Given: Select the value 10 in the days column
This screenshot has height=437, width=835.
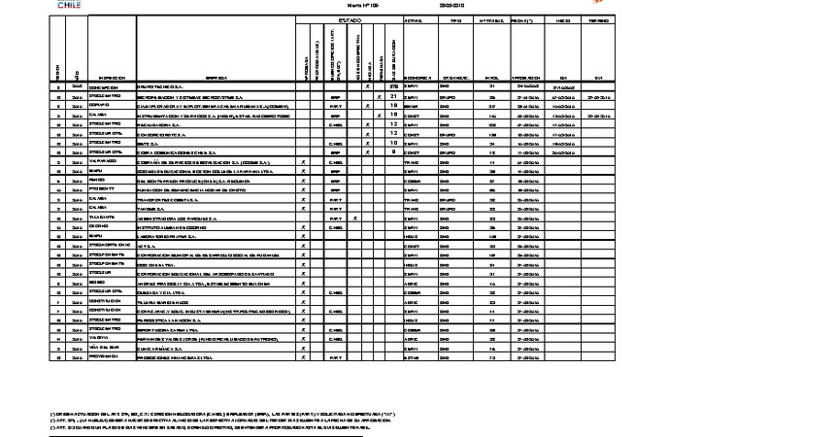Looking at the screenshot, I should (393, 143).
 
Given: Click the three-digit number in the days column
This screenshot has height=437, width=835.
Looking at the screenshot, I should (393, 87).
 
